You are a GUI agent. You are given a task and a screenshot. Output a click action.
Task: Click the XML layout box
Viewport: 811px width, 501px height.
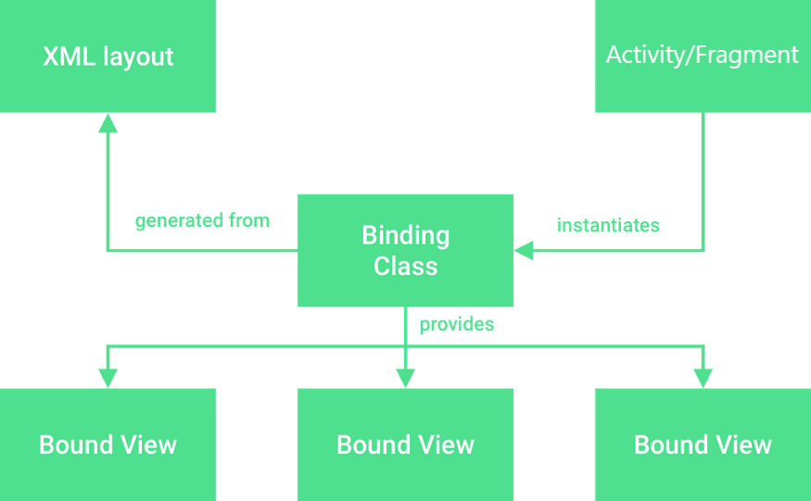(x=108, y=56)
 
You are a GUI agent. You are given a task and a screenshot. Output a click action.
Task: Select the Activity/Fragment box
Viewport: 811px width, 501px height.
(x=702, y=56)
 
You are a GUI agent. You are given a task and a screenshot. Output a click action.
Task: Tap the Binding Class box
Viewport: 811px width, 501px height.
(x=405, y=250)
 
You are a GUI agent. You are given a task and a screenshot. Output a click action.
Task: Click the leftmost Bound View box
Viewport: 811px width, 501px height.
(x=108, y=445)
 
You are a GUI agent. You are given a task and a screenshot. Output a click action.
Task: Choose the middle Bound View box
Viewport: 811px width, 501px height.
(x=405, y=445)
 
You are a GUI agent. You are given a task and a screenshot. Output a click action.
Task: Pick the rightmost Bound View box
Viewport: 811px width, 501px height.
(x=702, y=445)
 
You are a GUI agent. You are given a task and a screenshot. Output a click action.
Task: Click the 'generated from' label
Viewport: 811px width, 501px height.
(x=202, y=221)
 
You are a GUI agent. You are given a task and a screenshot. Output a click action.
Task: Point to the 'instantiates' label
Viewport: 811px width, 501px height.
(x=608, y=225)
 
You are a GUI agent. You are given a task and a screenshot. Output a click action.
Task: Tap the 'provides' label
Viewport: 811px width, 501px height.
(x=457, y=324)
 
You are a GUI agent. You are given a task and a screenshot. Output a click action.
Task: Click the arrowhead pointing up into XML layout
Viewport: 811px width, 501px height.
(x=108, y=123)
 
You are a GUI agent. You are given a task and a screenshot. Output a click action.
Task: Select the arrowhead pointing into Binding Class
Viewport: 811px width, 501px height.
(x=525, y=250)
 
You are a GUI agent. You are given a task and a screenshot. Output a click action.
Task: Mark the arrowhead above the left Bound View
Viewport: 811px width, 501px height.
(x=108, y=377)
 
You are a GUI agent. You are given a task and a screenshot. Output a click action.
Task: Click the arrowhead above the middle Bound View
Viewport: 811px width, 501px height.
(x=405, y=377)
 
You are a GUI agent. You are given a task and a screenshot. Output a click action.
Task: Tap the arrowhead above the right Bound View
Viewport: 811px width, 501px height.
(x=703, y=377)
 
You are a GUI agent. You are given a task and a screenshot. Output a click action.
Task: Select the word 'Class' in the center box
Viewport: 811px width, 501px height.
(x=405, y=267)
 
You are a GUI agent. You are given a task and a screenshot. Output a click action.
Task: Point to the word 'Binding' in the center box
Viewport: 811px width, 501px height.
(x=405, y=235)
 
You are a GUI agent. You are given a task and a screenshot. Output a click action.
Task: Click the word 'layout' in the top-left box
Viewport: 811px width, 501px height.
(x=135, y=56)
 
